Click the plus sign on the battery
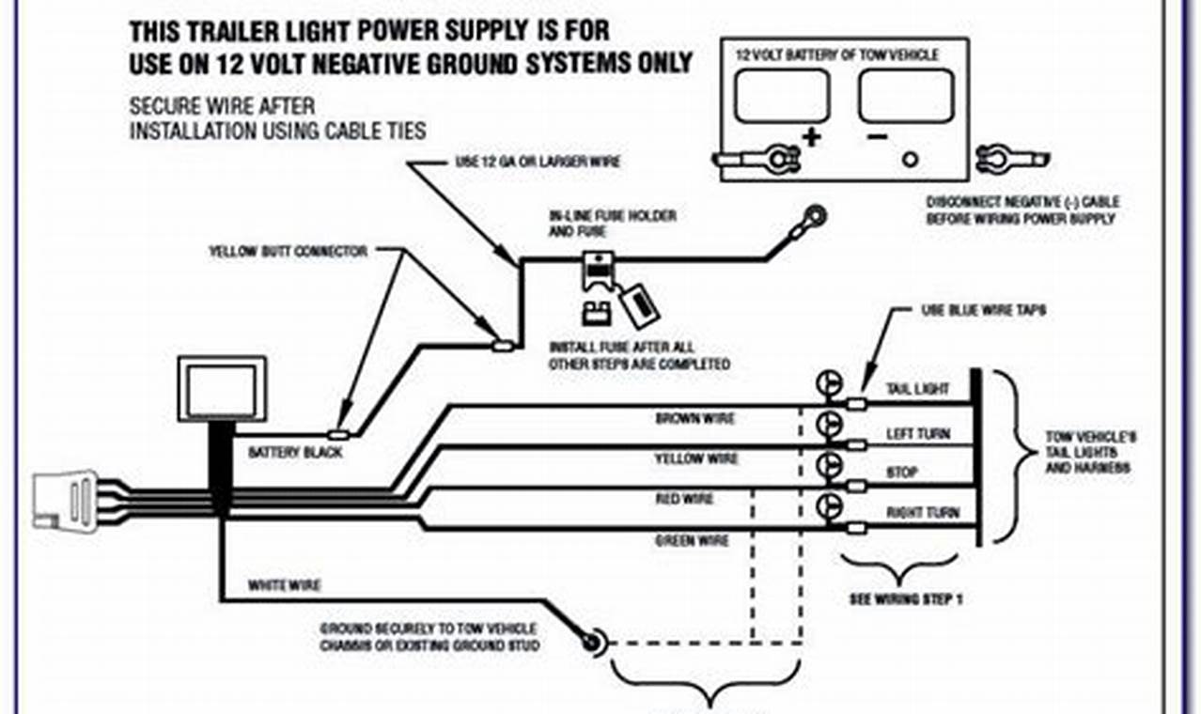tap(811, 136)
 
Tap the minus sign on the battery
tap(876, 136)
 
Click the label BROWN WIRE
tap(694, 418)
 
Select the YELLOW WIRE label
tap(696, 459)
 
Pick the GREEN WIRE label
tap(692, 541)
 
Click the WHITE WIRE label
tap(284, 585)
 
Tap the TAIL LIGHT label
tap(917, 389)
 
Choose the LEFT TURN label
tap(917, 434)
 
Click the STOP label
tap(902, 473)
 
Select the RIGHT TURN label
tap(923, 513)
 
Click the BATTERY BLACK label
tap(295, 453)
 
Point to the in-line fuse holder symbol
tap(596, 272)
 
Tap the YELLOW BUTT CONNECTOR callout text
tap(288, 252)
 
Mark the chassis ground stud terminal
tap(592, 643)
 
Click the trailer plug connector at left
tap(66, 501)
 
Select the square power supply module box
tap(221, 387)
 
